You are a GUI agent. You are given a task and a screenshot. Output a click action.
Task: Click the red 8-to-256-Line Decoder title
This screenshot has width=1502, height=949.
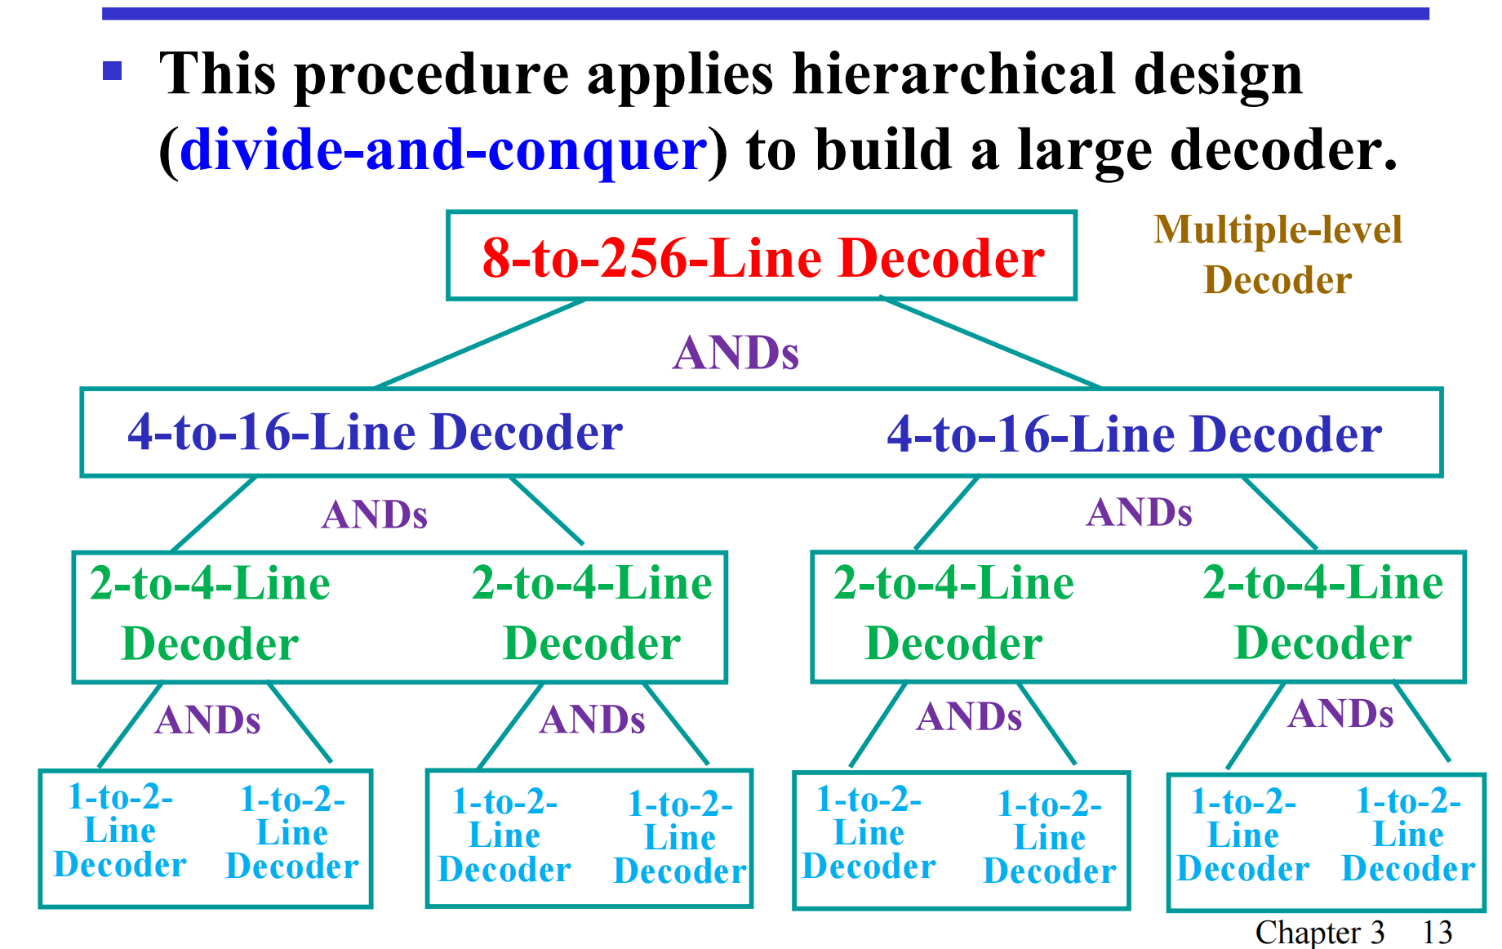[762, 258]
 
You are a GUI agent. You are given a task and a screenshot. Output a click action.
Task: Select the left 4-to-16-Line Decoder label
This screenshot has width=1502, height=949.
[375, 432]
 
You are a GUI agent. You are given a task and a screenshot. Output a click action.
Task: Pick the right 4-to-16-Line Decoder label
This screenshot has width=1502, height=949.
[1134, 434]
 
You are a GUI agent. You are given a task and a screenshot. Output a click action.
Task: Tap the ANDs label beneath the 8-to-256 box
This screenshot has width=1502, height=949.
[735, 353]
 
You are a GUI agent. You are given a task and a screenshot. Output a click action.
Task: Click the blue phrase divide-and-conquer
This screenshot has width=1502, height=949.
[443, 150]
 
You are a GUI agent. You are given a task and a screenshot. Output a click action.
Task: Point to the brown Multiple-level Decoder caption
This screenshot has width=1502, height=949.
[1278, 255]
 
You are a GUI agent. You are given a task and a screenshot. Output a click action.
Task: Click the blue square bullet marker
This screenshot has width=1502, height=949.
[112, 71]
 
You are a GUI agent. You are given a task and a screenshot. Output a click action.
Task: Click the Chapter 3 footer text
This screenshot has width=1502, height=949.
[1319, 932]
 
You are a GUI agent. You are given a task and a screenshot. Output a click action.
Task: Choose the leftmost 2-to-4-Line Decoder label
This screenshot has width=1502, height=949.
[210, 613]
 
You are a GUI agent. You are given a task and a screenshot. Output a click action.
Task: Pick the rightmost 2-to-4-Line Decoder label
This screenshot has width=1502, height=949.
[1322, 613]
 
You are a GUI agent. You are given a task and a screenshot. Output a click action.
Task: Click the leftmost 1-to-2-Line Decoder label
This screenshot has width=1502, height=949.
[120, 831]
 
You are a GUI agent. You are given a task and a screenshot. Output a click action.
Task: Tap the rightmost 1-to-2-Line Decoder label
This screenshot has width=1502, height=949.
[1408, 835]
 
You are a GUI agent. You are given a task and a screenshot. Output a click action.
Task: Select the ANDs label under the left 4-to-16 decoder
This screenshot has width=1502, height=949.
[375, 515]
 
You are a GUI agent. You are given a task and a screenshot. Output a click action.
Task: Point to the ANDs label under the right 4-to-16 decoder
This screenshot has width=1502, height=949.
[1139, 513]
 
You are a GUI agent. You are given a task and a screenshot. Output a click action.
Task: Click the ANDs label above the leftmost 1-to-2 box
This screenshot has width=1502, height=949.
[207, 720]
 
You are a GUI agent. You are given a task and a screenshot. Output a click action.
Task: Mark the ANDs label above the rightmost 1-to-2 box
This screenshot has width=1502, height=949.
[1340, 714]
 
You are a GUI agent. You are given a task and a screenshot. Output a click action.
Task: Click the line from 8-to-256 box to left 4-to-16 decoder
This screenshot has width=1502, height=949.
[480, 344]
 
